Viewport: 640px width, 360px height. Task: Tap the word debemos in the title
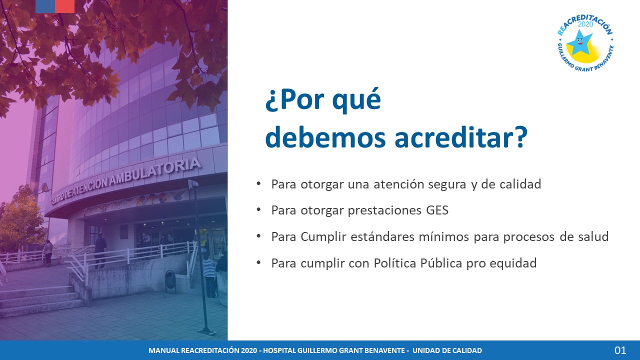click(x=325, y=137)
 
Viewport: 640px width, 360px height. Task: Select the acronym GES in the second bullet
click(x=437, y=210)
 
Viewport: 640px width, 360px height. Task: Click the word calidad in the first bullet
click(x=520, y=184)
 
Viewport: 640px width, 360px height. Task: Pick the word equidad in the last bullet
click(x=513, y=263)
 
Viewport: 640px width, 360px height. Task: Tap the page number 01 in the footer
click(x=620, y=350)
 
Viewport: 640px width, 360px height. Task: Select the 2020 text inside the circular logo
click(x=585, y=24)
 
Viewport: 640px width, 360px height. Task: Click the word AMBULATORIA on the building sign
click(x=155, y=171)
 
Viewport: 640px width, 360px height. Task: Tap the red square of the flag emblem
click(x=65, y=6)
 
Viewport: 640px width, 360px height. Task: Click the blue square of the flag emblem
click(x=45, y=6)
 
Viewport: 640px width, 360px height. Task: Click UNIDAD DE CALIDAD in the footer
click(x=447, y=350)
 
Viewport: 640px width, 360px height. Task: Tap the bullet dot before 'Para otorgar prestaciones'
click(x=259, y=210)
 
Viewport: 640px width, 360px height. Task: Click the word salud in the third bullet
click(x=595, y=236)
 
